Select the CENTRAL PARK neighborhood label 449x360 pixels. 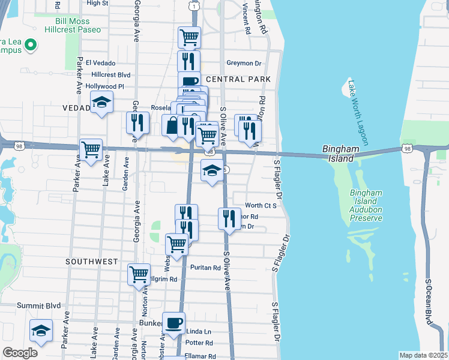[238, 79]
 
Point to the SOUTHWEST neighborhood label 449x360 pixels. [93, 262]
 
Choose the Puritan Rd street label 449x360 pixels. [205, 268]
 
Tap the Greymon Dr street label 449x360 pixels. [244, 63]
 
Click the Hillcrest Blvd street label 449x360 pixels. [110, 74]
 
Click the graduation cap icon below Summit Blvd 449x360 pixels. [41, 330]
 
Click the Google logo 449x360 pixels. [20, 353]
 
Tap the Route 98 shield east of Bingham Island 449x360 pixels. [408, 148]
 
